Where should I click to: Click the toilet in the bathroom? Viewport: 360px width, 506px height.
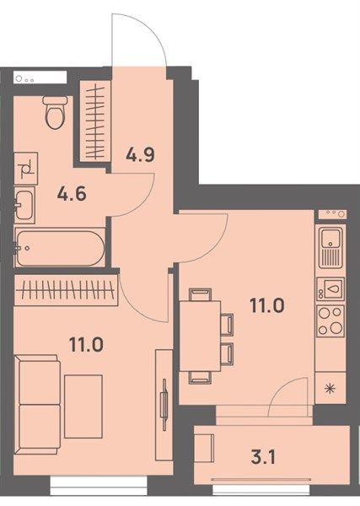click(x=56, y=113)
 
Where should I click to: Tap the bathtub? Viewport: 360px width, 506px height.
click(x=61, y=247)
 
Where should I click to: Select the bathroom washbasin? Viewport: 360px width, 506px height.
click(x=24, y=205)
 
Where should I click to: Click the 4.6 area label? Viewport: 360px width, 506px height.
click(x=72, y=194)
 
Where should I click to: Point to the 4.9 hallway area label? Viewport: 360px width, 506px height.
click(x=140, y=154)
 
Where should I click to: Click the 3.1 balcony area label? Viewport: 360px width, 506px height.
click(x=263, y=457)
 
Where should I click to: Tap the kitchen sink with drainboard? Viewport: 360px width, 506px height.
click(x=330, y=247)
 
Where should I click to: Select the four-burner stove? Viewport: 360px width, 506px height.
click(x=330, y=320)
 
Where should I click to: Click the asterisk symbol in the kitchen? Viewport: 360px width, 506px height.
click(x=330, y=389)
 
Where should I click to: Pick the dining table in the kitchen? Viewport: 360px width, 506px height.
click(x=200, y=336)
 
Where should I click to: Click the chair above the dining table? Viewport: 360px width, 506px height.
click(x=200, y=294)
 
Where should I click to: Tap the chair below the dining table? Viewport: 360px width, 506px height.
click(x=200, y=377)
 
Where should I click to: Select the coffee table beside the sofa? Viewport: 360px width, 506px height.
click(x=83, y=406)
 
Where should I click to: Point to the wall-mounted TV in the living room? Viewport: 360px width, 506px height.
click(x=164, y=404)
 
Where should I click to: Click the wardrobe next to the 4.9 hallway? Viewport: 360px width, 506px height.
click(x=95, y=121)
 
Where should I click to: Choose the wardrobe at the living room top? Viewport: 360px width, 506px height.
click(x=66, y=289)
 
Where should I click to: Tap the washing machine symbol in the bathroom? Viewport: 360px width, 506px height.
click(x=26, y=169)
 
